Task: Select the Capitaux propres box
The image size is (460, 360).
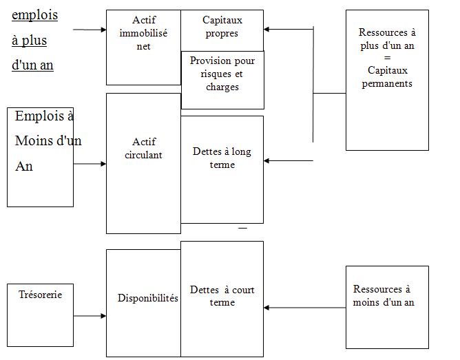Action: point(222,28)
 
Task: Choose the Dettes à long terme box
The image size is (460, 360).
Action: point(222,169)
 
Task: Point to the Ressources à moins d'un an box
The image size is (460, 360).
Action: point(387,302)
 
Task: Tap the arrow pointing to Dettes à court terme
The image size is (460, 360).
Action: point(303,308)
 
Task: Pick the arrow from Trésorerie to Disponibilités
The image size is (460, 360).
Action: point(90,317)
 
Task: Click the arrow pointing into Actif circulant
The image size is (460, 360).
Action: point(90,164)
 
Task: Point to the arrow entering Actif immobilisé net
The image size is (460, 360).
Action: point(90,30)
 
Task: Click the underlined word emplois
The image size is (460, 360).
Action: point(35,15)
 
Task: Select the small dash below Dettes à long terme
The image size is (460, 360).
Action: point(242,227)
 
